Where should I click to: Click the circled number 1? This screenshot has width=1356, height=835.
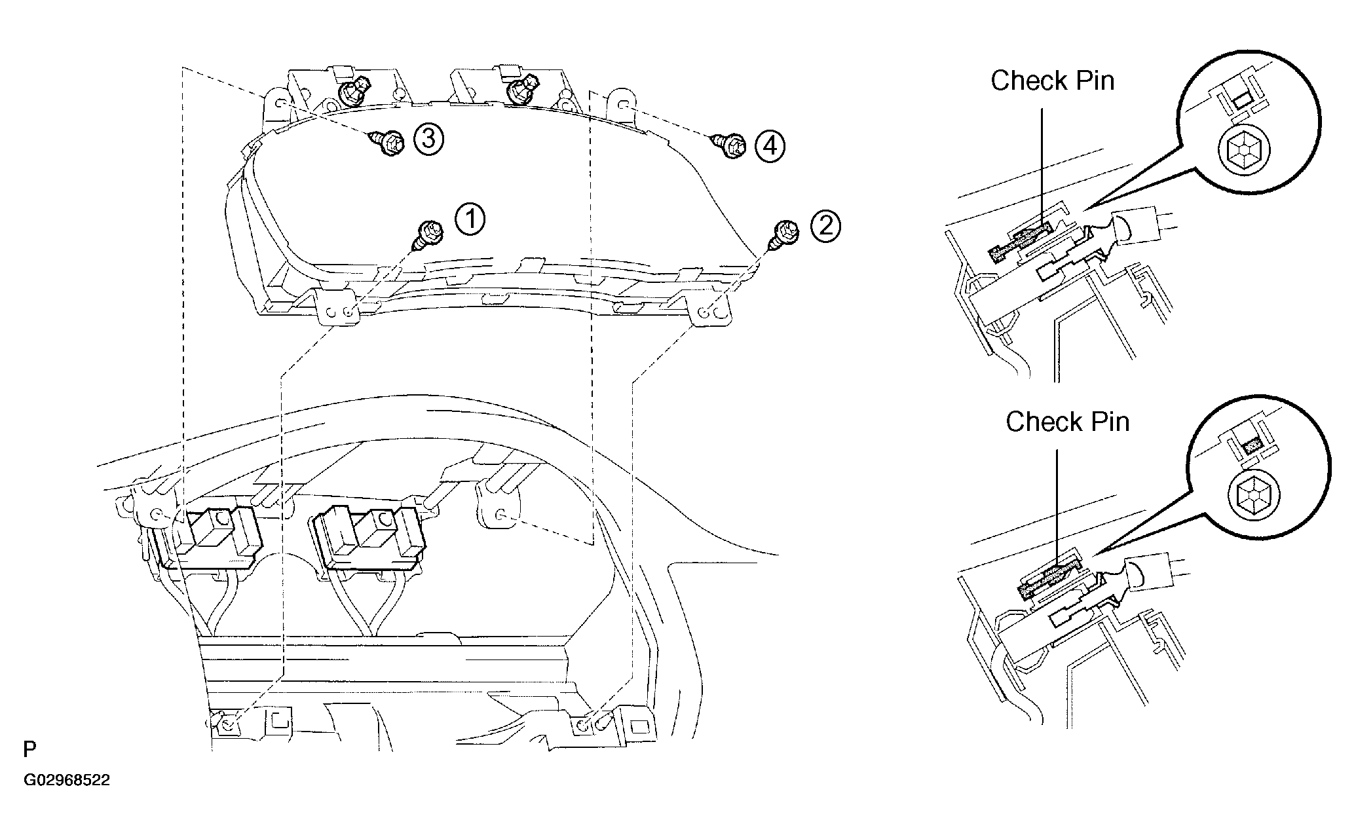click(x=470, y=219)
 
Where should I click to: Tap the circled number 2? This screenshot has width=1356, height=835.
click(x=825, y=226)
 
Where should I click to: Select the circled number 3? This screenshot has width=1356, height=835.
click(x=428, y=139)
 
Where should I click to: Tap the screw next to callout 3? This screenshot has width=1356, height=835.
click(x=387, y=144)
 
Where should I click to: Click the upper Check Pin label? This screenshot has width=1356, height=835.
click(x=1052, y=81)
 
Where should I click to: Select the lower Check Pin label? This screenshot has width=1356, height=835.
click(x=1068, y=422)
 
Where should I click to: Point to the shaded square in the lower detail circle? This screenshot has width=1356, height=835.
click(x=1252, y=445)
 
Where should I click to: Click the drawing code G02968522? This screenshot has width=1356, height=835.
click(x=67, y=781)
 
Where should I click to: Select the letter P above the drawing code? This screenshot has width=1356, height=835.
click(x=29, y=749)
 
